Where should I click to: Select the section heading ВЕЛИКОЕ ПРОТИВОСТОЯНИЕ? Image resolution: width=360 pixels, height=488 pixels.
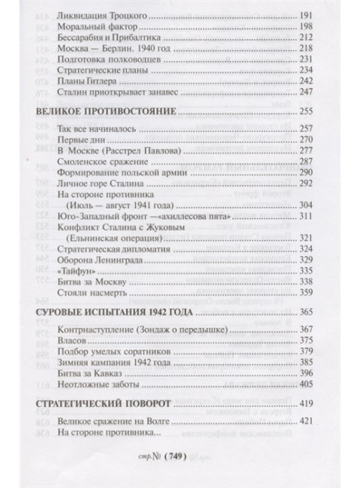click(100, 111)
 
